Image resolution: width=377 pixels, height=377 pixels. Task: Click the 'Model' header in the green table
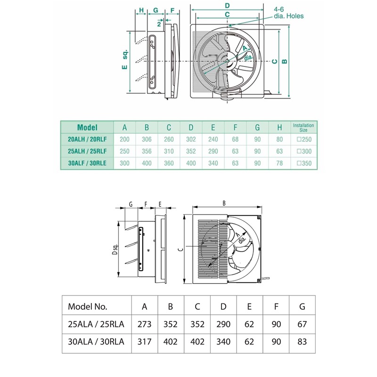87,127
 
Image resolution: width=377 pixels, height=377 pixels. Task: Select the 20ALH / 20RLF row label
87,139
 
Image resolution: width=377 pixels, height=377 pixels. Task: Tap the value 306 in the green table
147,139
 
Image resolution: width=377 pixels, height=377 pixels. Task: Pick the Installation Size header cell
303,127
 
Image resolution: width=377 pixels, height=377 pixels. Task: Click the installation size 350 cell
303,164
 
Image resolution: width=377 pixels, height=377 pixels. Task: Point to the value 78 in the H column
280,164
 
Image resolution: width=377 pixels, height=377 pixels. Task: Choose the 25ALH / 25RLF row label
87,152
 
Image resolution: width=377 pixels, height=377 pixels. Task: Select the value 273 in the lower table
145,324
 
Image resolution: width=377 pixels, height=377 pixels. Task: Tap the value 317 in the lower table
145,342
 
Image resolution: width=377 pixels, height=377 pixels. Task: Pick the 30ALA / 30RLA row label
96,342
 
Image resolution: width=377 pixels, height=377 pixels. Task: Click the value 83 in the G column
302,342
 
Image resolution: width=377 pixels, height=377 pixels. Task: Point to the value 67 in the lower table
302,324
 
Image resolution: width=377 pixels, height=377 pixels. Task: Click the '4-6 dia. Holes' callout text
288,12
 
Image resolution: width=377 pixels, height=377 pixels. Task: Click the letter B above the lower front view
224,203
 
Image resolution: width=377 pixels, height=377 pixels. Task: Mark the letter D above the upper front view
227,5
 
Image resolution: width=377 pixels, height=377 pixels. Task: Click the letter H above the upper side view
141,10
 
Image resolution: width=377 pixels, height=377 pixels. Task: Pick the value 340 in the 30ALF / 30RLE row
213,164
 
